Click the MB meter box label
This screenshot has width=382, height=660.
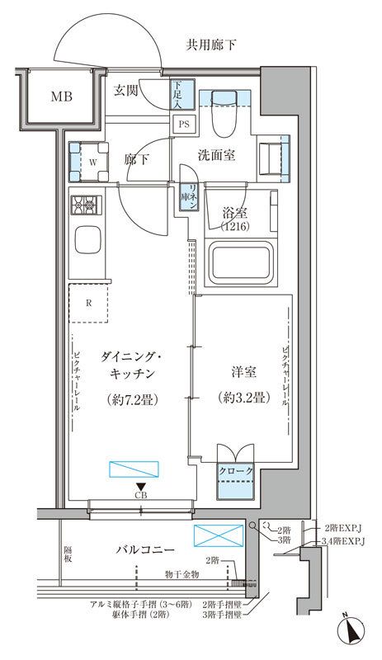[x=62, y=97]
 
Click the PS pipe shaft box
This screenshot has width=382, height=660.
[x=182, y=125]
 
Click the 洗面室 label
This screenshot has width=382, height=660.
[x=218, y=153]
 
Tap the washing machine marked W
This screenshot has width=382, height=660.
[x=87, y=161]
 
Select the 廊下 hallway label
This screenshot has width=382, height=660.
[x=136, y=160]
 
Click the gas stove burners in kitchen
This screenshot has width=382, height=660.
[x=85, y=205]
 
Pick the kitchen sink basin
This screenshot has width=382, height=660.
[x=87, y=242]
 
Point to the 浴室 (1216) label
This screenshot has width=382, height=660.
[x=234, y=218]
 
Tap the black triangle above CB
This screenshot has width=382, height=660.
[x=141, y=486]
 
